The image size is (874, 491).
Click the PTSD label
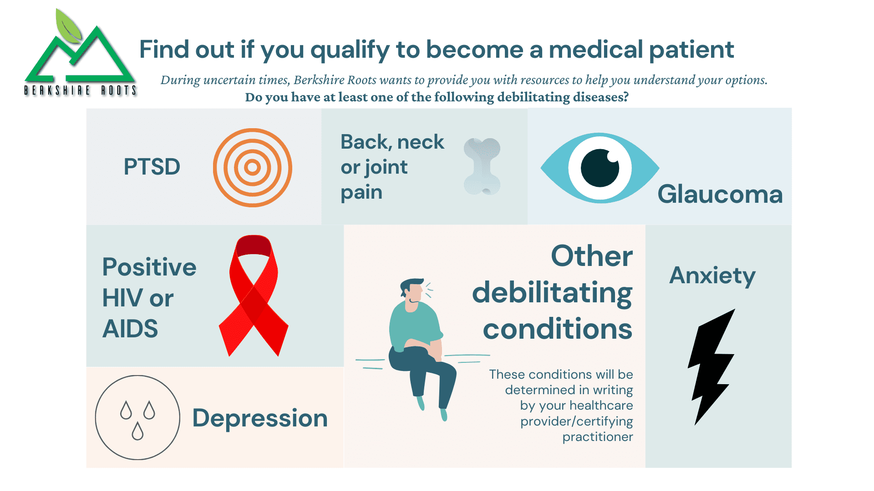click(x=152, y=166)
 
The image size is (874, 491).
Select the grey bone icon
click(x=482, y=167)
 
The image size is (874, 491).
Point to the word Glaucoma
click(x=720, y=194)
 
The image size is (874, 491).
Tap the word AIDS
click(x=130, y=328)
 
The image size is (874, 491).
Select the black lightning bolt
click(x=711, y=367)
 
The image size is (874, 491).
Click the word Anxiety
click(x=712, y=276)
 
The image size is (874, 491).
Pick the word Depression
click(x=260, y=419)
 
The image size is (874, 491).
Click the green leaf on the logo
click(x=68, y=26)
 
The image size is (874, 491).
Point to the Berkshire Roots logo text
click(x=80, y=90)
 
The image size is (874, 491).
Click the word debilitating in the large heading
click(x=552, y=293)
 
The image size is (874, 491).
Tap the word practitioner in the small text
click(x=598, y=437)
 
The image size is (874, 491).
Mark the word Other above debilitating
click(x=592, y=256)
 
